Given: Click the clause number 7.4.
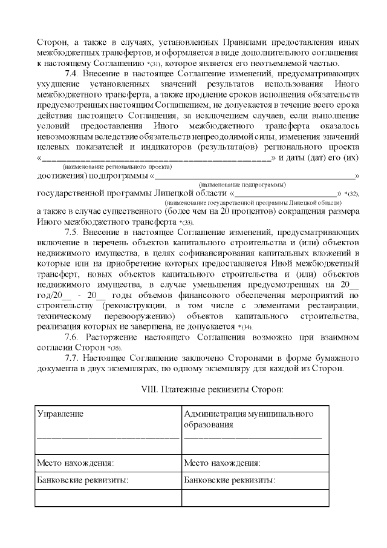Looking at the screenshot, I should point(72,73).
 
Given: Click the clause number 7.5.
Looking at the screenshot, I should point(72,232).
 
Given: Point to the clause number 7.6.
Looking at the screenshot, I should point(72,337).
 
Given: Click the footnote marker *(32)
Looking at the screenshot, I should point(353,194).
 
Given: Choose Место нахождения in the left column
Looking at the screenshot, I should point(76,463).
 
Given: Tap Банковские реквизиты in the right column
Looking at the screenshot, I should point(229,480).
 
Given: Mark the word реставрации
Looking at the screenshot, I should point(333,306).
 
